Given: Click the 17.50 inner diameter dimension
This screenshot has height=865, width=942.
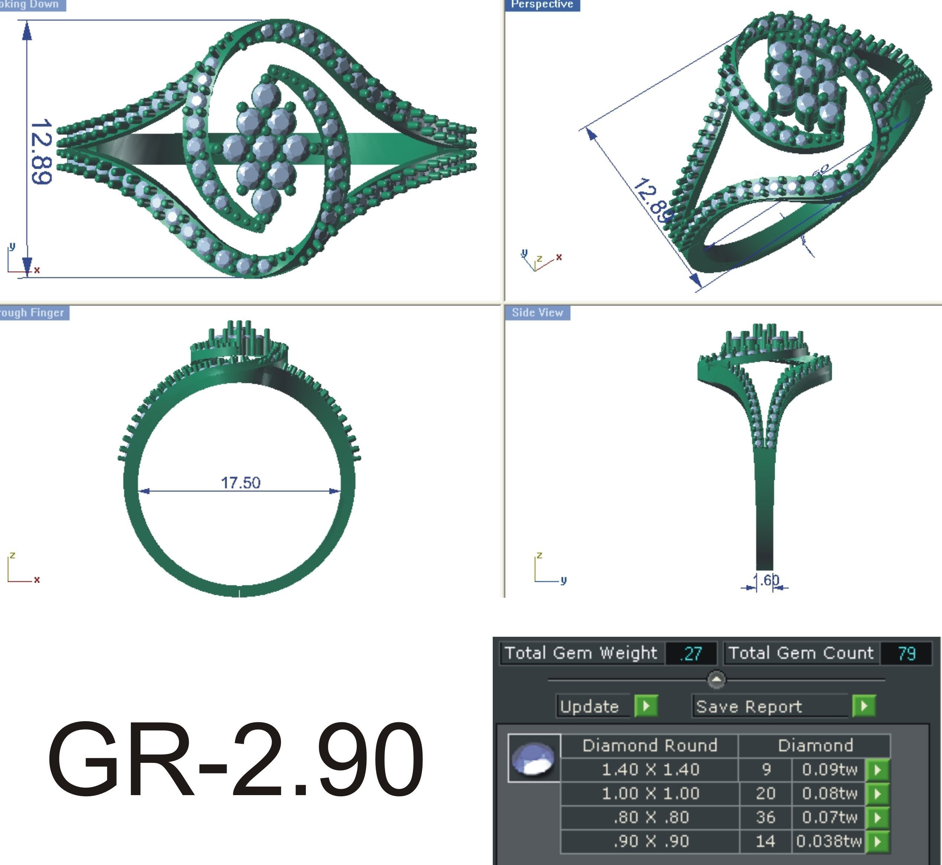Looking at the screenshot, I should [x=240, y=482].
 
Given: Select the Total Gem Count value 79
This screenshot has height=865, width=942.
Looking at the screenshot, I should [x=906, y=653].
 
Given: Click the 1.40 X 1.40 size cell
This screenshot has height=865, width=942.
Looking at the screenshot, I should [x=650, y=769].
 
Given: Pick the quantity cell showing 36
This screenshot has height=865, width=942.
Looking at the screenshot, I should [x=765, y=817].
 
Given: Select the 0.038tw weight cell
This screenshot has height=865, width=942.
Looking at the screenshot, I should [x=829, y=841].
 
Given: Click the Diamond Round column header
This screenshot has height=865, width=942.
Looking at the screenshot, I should [x=650, y=746].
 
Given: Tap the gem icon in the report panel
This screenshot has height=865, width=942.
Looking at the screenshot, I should [x=534, y=758].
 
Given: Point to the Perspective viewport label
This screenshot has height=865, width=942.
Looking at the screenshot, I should [x=542, y=5].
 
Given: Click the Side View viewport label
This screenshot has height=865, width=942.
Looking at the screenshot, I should [x=537, y=313].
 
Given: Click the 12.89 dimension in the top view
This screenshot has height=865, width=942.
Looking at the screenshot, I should [x=41, y=151].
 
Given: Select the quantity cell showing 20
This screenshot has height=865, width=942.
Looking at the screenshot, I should [x=765, y=793].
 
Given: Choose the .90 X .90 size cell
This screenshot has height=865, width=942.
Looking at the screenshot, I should [x=650, y=841].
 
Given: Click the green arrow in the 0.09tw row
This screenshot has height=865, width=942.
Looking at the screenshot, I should [x=877, y=770].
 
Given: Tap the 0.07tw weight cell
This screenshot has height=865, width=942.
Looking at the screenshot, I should [x=829, y=817].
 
